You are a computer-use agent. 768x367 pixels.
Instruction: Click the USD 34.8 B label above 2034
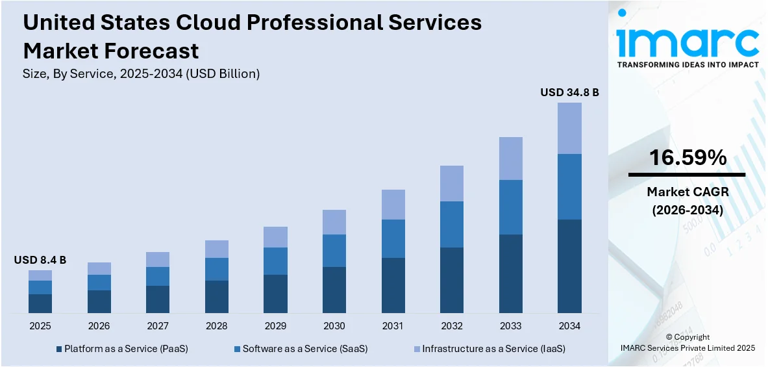point(569,93)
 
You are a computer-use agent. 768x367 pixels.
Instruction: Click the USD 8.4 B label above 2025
point(40,260)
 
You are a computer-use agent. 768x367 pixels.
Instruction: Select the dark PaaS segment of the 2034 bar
point(569,266)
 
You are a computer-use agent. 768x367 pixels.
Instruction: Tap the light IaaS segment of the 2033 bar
point(510,158)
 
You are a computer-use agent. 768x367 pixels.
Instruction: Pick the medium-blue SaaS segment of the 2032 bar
point(451,224)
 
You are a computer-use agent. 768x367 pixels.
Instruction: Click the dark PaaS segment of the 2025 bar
point(40,303)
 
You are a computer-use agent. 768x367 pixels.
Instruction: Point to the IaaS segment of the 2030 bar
point(334,222)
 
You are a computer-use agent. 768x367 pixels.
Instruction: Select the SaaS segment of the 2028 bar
point(216,269)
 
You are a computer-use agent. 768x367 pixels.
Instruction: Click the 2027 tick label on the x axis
point(158,325)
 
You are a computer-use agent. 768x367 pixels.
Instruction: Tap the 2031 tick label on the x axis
point(393,325)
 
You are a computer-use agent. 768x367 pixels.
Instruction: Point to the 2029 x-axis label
point(275,325)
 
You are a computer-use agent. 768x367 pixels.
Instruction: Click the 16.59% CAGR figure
point(687,158)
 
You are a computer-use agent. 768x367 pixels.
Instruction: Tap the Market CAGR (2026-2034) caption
point(687,201)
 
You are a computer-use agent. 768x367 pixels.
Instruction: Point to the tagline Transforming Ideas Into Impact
point(687,65)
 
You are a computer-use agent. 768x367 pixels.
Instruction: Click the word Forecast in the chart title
point(156,50)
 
